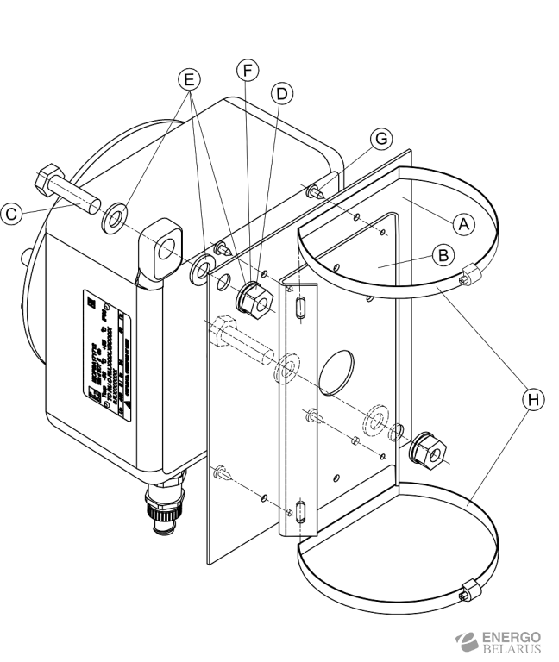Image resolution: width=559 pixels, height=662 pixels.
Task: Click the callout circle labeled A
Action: tap(465, 222)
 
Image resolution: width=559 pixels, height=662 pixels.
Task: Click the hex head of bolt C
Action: tap(46, 182)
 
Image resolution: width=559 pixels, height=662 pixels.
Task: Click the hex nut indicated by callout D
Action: tap(254, 297)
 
